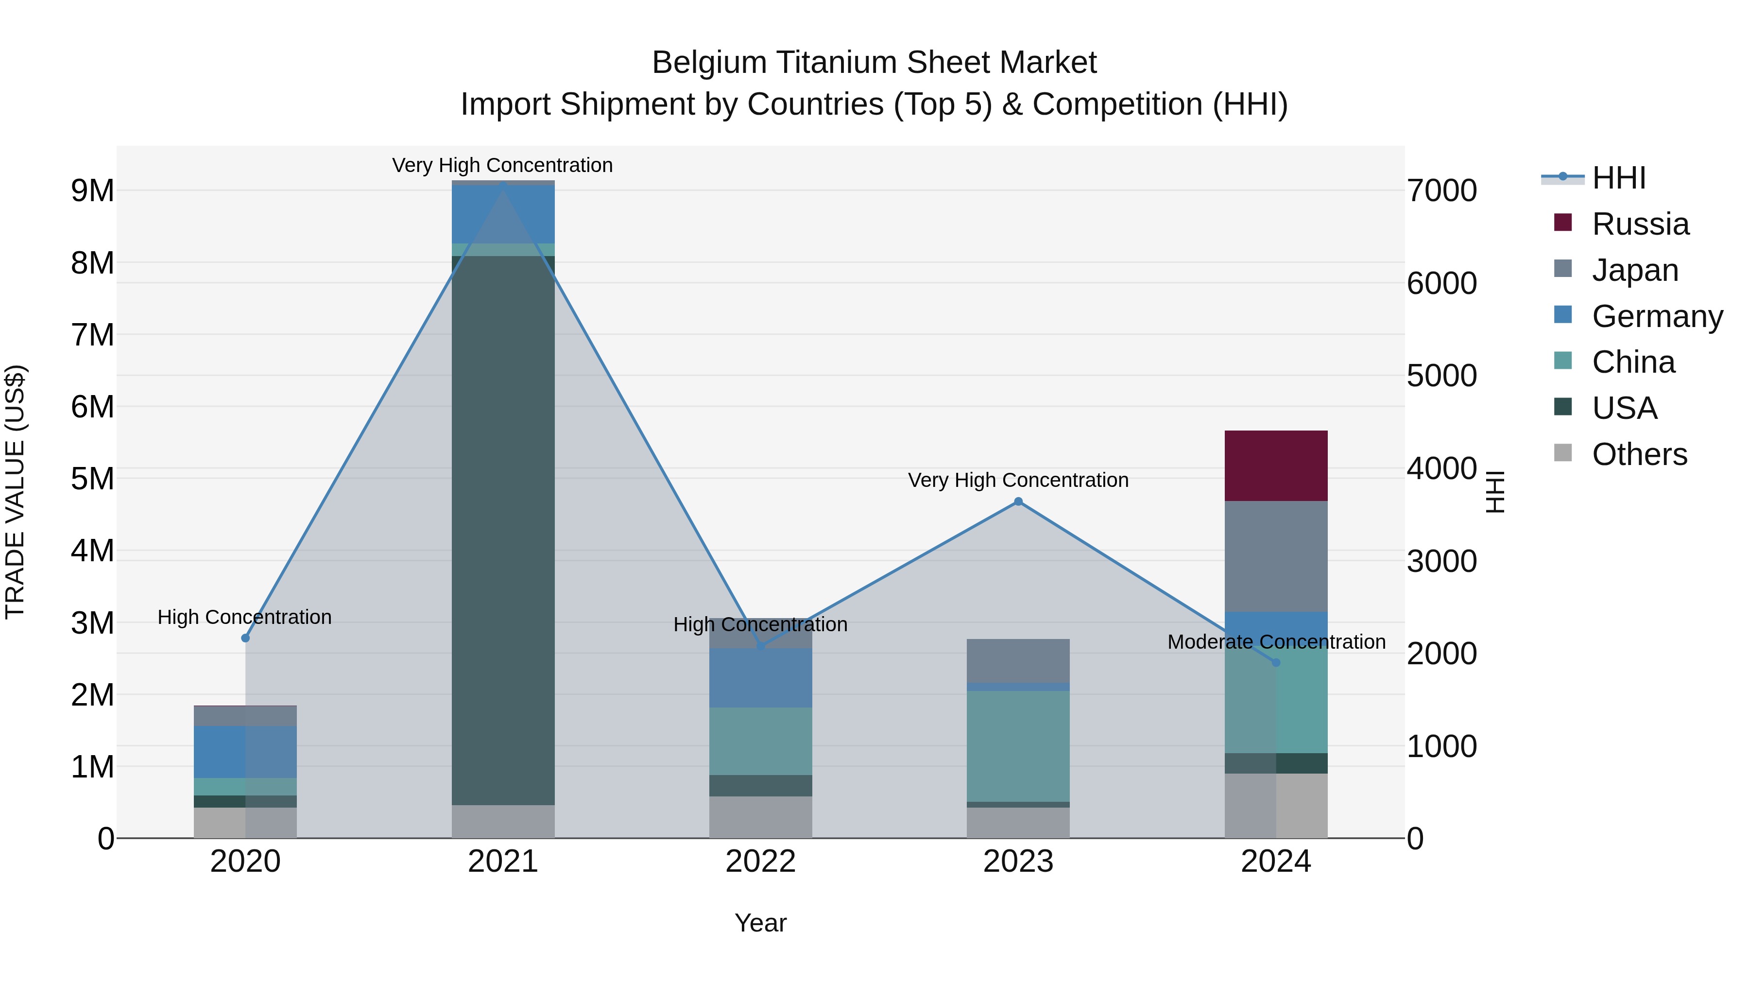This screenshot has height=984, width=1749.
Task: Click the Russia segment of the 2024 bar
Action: [1275, 466]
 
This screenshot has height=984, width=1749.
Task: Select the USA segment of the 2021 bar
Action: [503, 530]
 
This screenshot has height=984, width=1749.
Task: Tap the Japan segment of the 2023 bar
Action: [1018, 660]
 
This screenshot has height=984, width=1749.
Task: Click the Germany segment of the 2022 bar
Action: [760, 678]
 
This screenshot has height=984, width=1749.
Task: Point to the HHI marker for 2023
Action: [1018, 502]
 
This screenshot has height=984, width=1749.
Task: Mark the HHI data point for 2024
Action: [1276, 662]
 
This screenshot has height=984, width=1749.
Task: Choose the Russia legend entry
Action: [1640, 224]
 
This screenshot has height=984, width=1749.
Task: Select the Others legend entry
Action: [1639, 454]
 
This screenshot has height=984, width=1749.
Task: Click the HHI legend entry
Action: [1619, 178]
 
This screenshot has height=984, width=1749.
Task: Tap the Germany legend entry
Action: [1657, 316]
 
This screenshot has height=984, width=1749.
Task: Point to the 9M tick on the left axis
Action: [93, 191]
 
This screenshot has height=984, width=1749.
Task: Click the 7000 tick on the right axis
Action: [1441, 191]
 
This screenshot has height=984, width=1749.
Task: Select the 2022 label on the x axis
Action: [760, 862]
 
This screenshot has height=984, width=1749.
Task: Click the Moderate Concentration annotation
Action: [1276, 642]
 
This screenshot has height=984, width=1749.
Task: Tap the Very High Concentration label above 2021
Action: [502, 165]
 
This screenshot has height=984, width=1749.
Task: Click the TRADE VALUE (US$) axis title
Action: [16, 492]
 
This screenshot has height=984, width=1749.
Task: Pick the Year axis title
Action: [760, 923]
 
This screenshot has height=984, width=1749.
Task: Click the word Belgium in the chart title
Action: [709, 63]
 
